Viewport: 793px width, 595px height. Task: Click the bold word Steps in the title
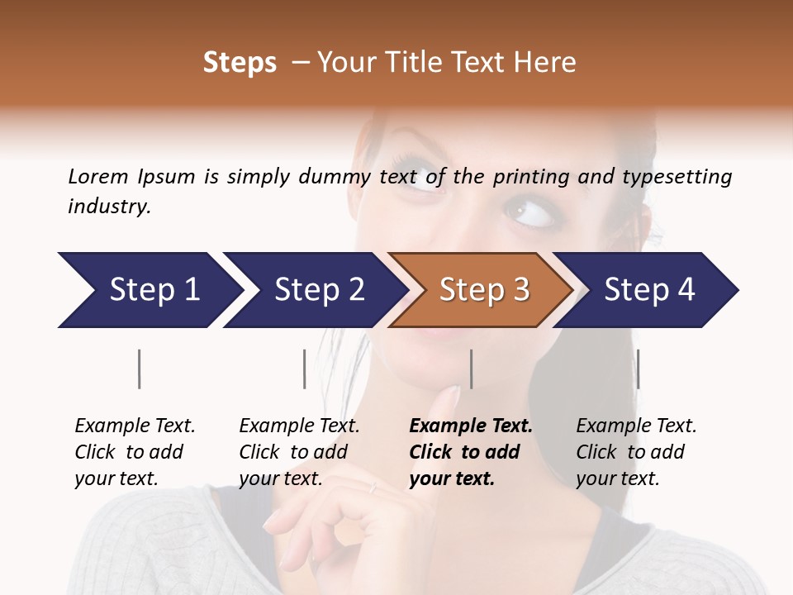pyautogui.click(x=240, y=63)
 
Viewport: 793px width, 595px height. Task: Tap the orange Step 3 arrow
pyautogui.click(x=483, y=290)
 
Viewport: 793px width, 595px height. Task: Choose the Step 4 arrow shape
pyautogui.click(x=649, y=290)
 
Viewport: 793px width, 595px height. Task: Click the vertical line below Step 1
pyautogui.click(x=140, y=369)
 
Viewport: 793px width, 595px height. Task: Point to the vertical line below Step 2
pyautogui.click(x=305, y=369)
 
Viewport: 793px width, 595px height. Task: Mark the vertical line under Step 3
pyautogui.click(x=471, y=369)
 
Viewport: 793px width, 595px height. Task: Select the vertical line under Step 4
pyautogui.click(x=638, y=369)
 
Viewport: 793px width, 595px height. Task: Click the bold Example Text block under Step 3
pyautogui.click(x=470, y=452)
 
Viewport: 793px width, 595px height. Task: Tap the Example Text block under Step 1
pyautogui.click(x=135, y=452)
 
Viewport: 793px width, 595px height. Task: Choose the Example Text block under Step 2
pyautogui.click(x=299, y=452)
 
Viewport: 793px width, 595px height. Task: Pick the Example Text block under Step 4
pyautogui.click(x=636, y=452)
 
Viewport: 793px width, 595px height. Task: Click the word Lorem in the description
pyautogui.click(x=98, y=177)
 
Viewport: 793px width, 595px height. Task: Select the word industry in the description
pyautogui.click(x=109, y=207)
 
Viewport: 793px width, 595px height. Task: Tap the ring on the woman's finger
pyautogui.click(x=373, y=488)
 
